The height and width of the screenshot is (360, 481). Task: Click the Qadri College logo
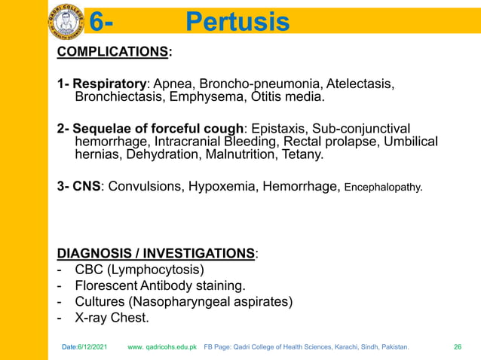point(66,21)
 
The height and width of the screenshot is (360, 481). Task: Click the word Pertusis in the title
point(237,23)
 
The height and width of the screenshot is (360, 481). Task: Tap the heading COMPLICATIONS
point(112,51)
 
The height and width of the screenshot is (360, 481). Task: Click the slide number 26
point(457,347)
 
